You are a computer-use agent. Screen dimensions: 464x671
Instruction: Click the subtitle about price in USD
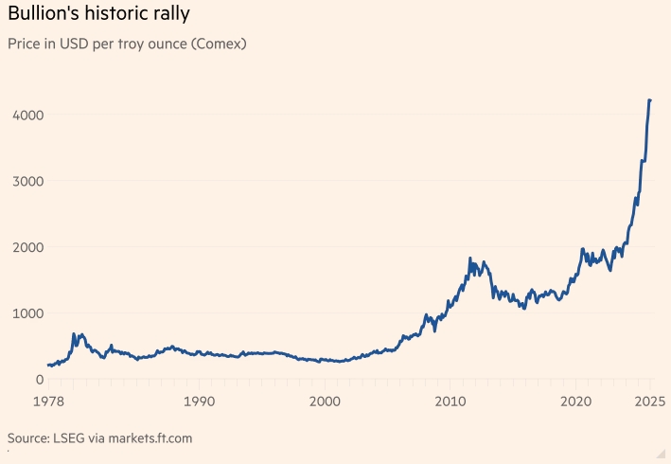[x=126, y=44]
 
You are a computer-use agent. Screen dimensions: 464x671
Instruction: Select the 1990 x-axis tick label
[x=199, y=402]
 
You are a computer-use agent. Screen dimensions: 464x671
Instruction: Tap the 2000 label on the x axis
[x=325, y=402]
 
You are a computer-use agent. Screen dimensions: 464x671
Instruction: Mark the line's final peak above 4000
[x=649, y=99]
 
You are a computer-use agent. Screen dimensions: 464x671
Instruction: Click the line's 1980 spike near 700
[x=74, y=333]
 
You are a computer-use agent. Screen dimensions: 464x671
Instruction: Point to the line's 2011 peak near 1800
[x=470, y=258]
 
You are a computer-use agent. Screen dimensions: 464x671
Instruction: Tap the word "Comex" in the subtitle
[x=216, y=44]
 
